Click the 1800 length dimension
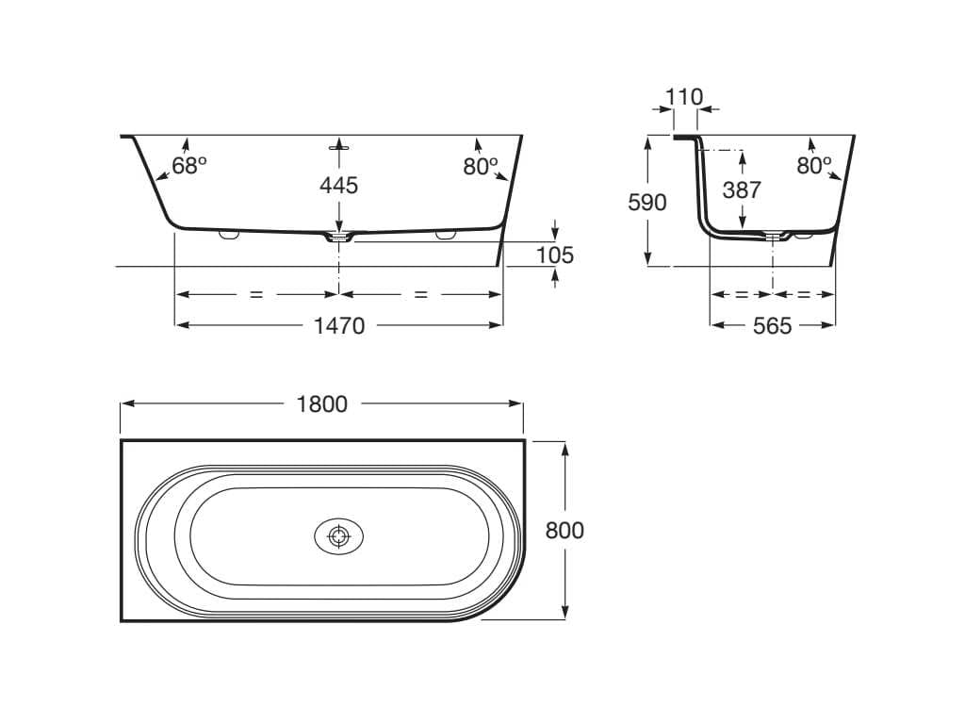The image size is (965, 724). pyautogui.click(x=322, y=404)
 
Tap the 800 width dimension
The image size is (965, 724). pyautogui.click(x=564, y=530)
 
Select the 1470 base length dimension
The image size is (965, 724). pyautogui.click(x=339, y=325)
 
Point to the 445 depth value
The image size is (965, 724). pyautogui.click(x=338, y=186)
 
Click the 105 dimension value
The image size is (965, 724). pyautogui.click(x=555, y=255)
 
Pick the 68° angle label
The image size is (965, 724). pyautogui.click(x=188, y=166)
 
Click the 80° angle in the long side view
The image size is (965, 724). pyautogui.click(x=480, y=166)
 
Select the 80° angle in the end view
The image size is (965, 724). pyautogui.click(x=813, y=166)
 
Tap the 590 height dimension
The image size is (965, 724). pyautogui.click(x=646, y=203)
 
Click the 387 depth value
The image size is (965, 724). pyautogui.click(x=742, y=189)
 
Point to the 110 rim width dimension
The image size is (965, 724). pyautogui.click(x=684, y=97)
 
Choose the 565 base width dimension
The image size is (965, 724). pyautogui.click(x=773, y=325)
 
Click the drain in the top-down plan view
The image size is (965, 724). pyautogui.click(x=338, y=536)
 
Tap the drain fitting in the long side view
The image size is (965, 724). pyautogui.click(x=338, y=237)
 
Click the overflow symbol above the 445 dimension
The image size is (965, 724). pyautogui.click(x=338, y=146)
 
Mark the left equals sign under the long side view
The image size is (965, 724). pyautogui.click(x=256, y=295)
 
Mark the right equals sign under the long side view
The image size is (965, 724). pyautogui.click(x=420, y=295)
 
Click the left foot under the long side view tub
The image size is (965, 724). pyautogui.click(x=229, y=235)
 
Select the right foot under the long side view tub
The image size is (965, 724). pyautogui.click(x=445, y=235)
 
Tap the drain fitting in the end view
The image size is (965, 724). pyautogui.click(x=773, y=236)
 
